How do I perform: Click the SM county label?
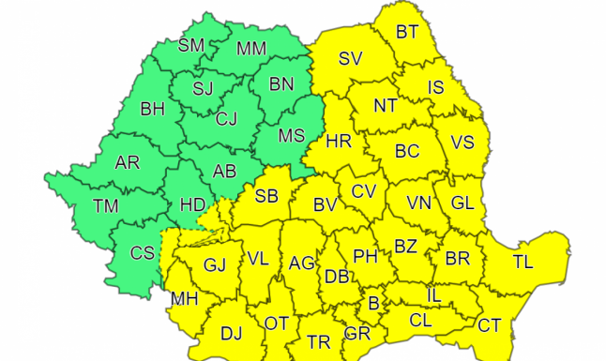192,46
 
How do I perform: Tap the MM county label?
250,47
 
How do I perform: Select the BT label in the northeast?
407,32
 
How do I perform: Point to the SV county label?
350,58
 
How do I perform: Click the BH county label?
152,111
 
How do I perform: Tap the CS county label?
143,252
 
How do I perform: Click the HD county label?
191,203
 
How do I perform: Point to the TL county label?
522,262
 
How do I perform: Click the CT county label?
489,325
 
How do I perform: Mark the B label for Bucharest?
373,303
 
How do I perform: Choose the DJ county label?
231,332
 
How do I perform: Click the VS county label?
462,143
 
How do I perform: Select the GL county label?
462,203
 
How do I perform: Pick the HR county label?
338,143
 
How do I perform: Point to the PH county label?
364,255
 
